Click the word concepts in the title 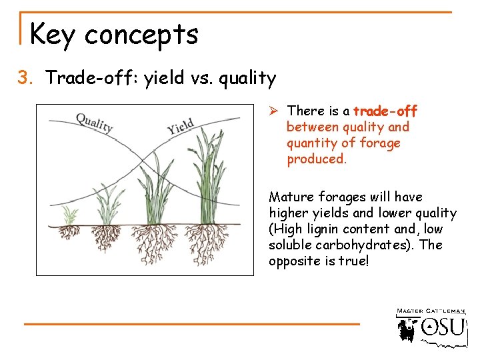pos(141,35)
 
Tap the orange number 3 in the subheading pos(25,79)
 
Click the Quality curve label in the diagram pos(94,123)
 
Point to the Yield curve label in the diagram pos(181,125)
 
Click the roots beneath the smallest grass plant pos(68,233)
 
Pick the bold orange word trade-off pos(385,111)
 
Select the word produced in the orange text pos(317,159)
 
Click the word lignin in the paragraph pos(321,229)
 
